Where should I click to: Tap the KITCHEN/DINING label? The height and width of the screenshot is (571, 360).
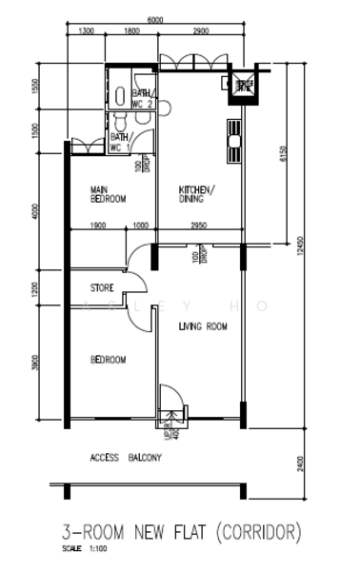pos(197,194)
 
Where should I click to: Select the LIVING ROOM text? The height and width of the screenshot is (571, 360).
pos(203,326)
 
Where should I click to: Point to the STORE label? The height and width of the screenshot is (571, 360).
pos(102,287)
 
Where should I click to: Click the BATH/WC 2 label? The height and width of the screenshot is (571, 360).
pos(143,98)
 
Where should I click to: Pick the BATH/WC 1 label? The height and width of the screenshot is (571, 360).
pos(121,143)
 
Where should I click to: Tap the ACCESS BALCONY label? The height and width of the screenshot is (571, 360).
pos(126,458)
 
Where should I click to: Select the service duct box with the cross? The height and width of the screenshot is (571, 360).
pos(244,86)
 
